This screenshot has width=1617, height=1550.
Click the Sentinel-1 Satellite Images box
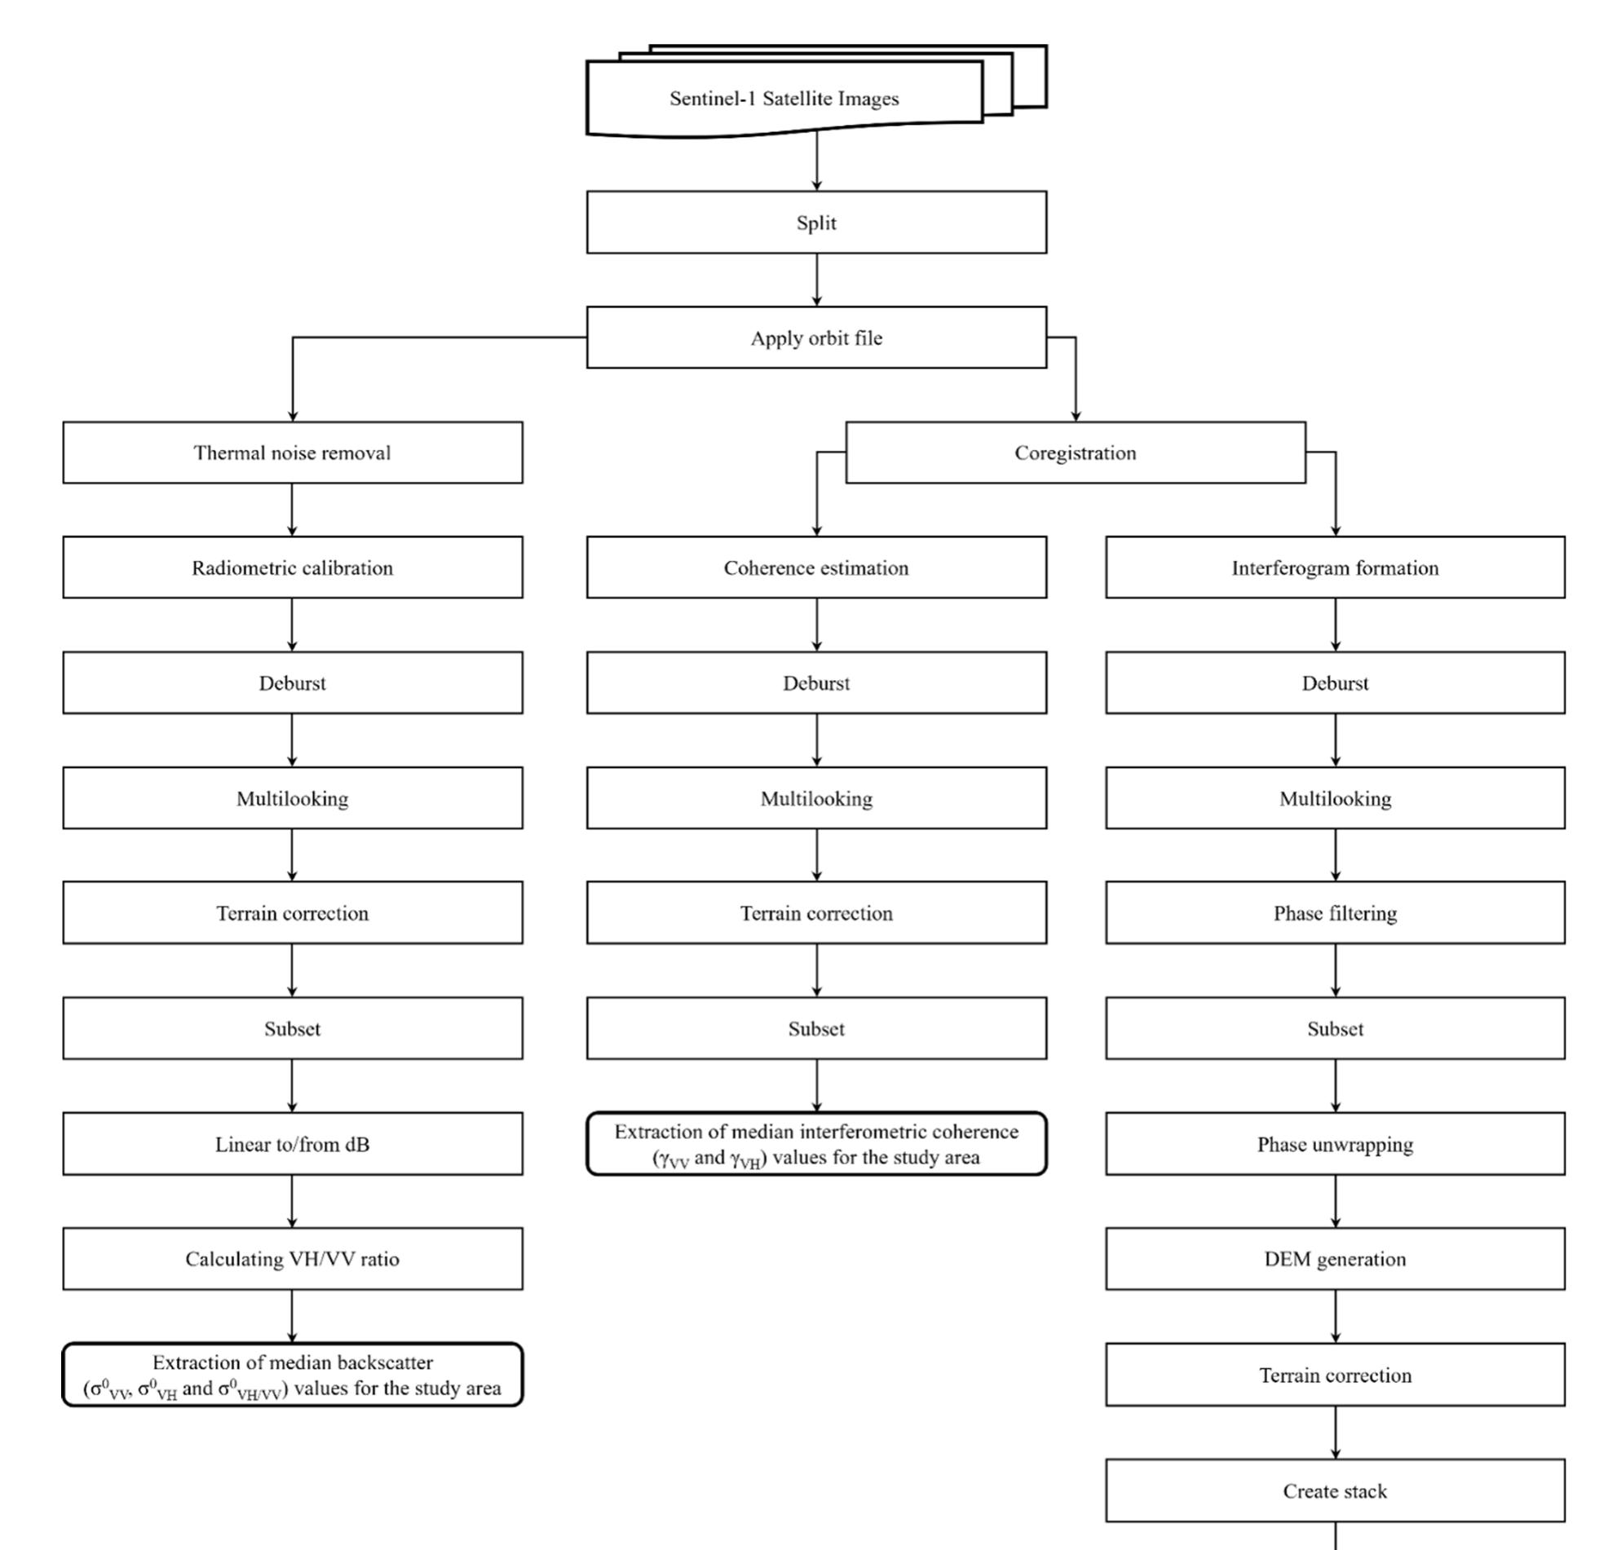point(784,98)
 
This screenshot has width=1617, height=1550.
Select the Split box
point(816,223)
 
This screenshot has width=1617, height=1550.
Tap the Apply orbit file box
point(816,338)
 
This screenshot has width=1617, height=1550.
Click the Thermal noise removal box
point(292,452)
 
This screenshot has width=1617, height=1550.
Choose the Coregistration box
point(1075,452)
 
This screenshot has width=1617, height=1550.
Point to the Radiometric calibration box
point(292,567)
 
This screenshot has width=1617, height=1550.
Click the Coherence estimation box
point(816,567)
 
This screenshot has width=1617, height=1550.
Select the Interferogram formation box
point(1335,567)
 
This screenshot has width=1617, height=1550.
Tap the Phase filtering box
point(1335,913)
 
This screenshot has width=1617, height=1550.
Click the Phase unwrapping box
point(1335,1144)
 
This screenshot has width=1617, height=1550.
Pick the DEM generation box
point(1335,1259)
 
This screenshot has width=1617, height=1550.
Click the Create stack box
point(1335,1490)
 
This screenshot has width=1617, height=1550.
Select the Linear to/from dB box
point(292,1144)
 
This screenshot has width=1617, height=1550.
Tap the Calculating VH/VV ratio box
point(292,1259)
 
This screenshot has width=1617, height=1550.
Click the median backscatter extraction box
point(292,1376)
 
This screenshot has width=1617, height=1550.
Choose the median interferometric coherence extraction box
point(816,1144)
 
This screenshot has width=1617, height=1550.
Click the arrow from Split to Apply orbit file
point(817,280)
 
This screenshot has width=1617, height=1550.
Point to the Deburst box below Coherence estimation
point(816,683)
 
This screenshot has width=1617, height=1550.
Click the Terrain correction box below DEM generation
point(1335,1376)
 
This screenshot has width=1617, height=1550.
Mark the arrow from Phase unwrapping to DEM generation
point(1336,1201)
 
